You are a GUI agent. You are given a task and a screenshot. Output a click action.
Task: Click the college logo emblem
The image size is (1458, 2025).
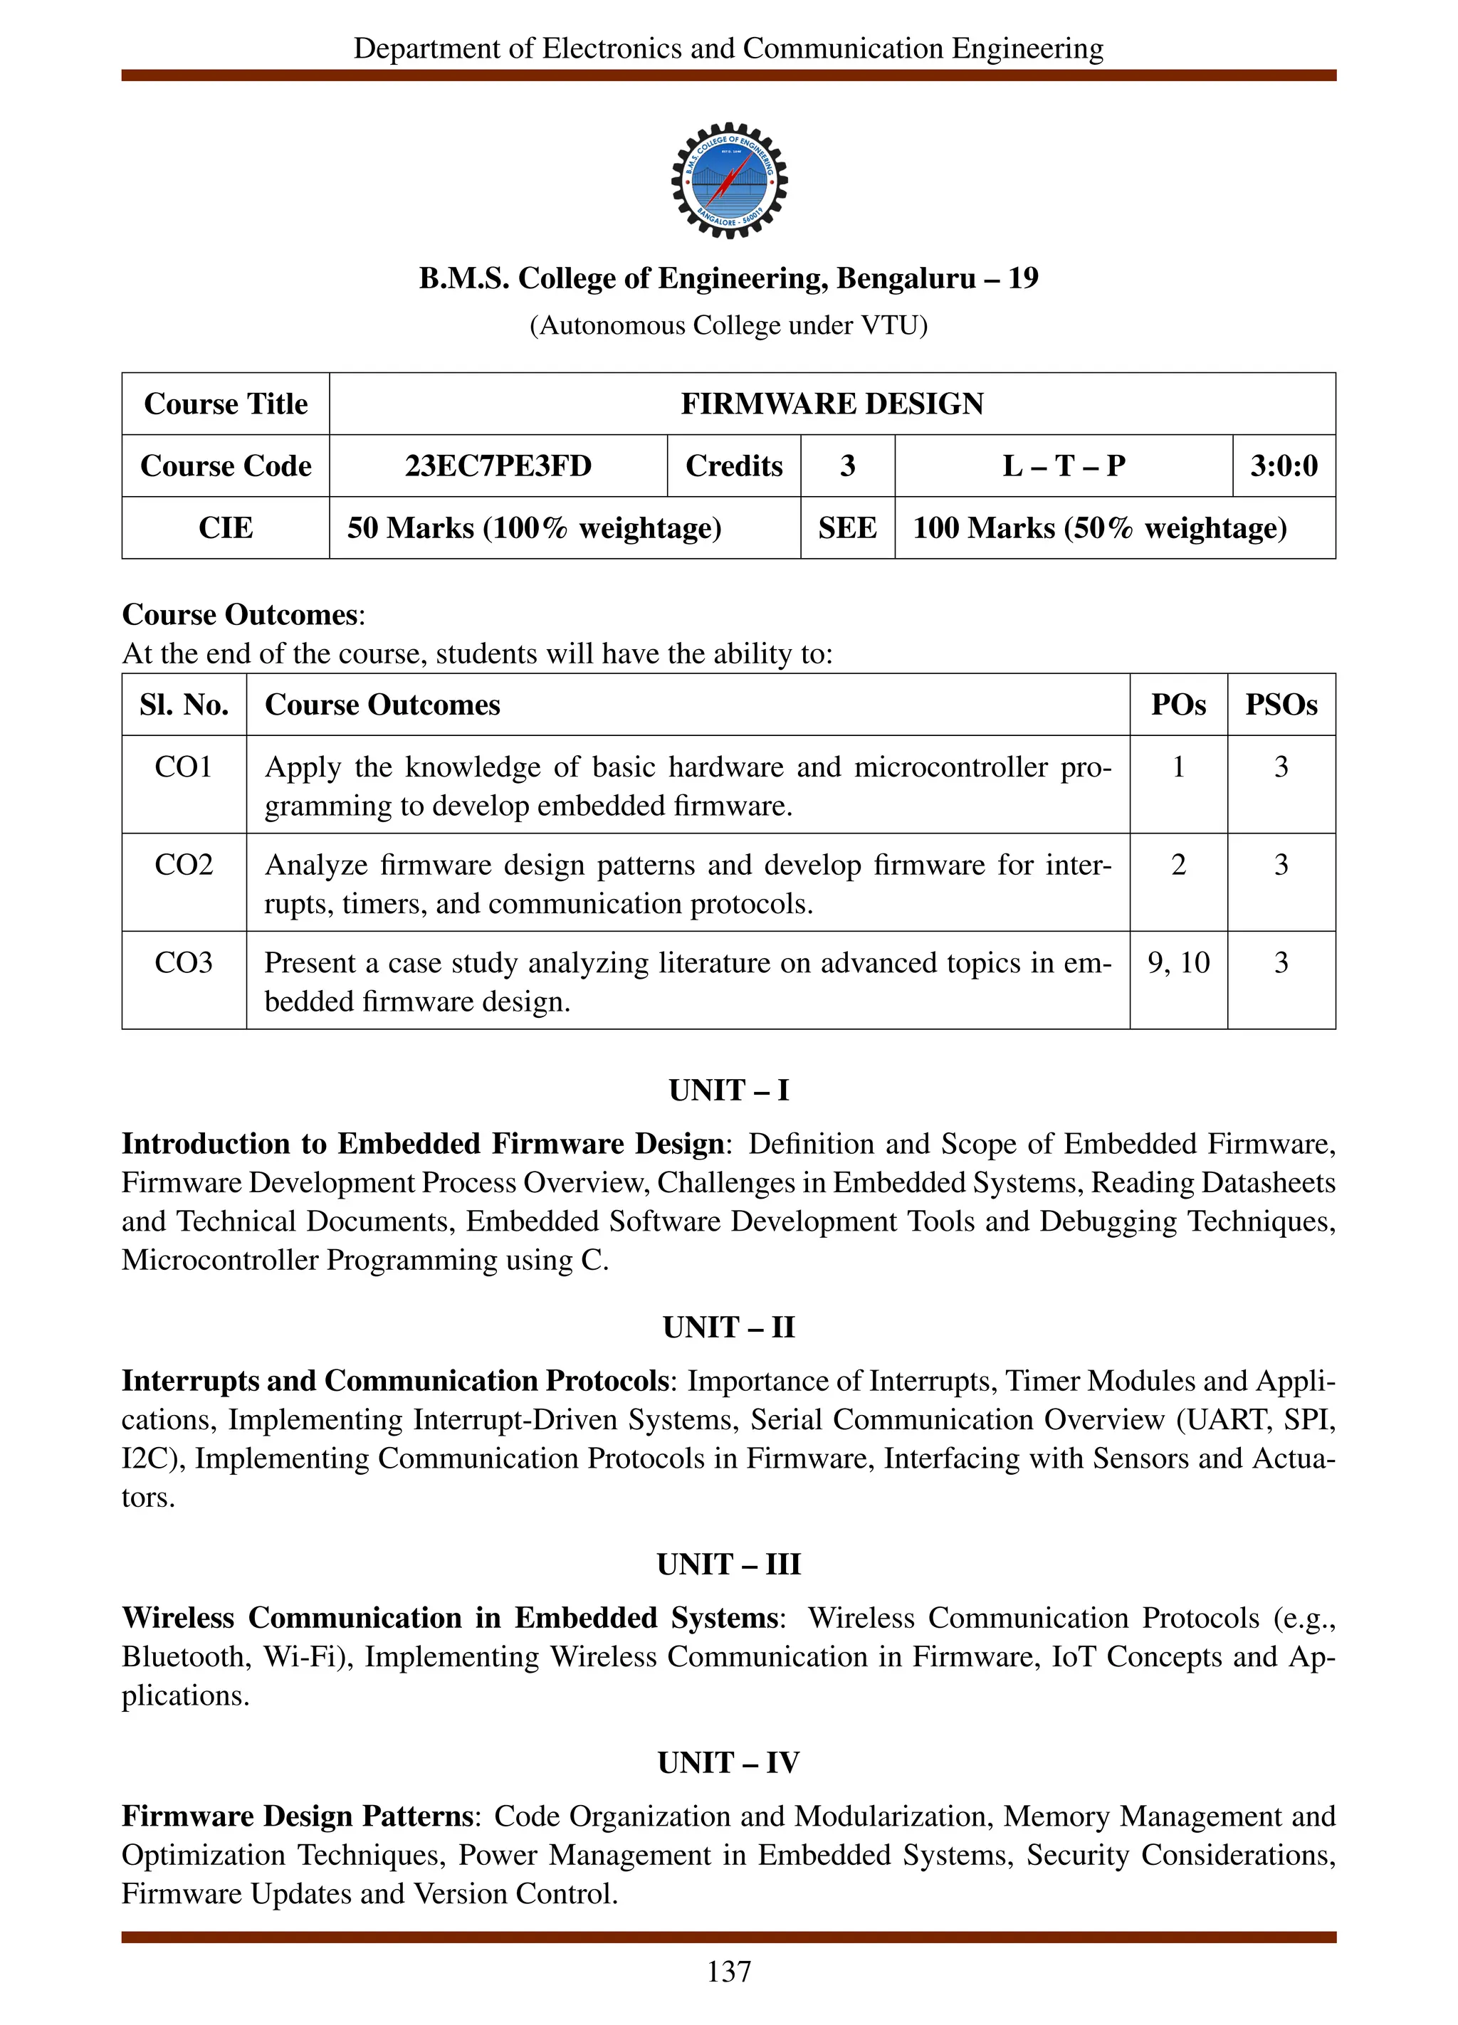point(728,180)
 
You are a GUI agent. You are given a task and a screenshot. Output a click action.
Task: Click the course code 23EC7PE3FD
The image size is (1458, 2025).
point(498,466)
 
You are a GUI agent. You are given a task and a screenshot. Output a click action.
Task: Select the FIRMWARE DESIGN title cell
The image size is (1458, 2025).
point(832,404)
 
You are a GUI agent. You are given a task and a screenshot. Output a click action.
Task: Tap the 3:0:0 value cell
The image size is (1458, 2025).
point(1283,466)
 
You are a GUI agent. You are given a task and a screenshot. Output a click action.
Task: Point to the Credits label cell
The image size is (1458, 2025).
point(733,466)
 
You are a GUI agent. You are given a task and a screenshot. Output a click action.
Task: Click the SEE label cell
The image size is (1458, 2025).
point(846,527)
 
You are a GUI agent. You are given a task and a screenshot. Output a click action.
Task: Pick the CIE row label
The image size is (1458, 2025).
point(225,527)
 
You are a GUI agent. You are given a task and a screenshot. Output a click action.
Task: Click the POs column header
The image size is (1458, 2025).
point(1178,705)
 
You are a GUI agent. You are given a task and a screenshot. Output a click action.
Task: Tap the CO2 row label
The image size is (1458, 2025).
point(183,864)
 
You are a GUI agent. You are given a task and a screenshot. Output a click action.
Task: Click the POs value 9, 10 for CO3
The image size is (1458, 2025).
point(1178,962)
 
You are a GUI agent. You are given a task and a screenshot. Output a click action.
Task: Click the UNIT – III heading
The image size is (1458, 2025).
point(728,1564)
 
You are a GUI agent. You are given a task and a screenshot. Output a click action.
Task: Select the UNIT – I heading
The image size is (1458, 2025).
point(728,1090)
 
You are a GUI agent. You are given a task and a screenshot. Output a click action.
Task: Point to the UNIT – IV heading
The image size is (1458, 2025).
point(728,1762)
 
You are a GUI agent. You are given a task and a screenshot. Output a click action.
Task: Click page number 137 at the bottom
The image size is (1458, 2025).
point(728,1972)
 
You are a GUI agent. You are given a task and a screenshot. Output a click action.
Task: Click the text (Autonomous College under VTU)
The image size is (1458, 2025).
point(728,325)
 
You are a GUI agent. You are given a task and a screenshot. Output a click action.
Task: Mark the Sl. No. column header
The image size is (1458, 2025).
point(184,705)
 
